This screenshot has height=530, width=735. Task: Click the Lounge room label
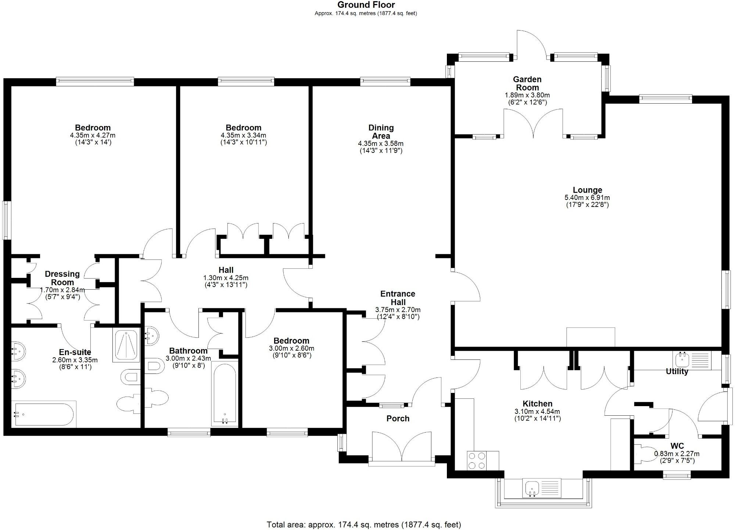(587, 190)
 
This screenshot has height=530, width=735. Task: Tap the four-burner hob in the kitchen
(477, 461)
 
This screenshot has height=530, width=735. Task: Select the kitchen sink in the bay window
(533, 488)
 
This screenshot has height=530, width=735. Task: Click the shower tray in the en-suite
(126, 345)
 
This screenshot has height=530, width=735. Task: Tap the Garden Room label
(527, 83)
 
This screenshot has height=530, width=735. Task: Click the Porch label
(398, 418)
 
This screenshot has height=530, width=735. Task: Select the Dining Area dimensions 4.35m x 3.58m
(381, 143)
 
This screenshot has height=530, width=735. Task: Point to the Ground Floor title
(366, 5)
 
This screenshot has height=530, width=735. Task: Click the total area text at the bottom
(363, 524)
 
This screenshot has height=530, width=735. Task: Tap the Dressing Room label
(62, 278)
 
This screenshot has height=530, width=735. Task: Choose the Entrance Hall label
(398, 298)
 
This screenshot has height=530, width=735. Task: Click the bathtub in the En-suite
(44, 415)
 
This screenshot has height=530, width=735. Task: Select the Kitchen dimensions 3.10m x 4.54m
(537, 411)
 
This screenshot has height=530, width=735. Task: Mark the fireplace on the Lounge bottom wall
(591, 337)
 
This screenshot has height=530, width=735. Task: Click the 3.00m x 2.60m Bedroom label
(291, 341)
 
